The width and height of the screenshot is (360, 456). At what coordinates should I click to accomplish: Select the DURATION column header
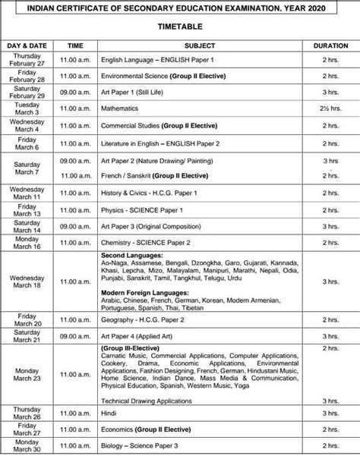click(330, 46)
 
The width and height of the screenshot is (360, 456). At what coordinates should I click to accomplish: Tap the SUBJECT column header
click(199, 46)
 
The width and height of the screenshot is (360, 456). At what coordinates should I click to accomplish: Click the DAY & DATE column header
click(27, 46)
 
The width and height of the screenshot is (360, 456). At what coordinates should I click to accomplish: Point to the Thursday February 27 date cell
click(27, 59)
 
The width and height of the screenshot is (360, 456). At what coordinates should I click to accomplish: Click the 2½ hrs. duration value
click(330, 109)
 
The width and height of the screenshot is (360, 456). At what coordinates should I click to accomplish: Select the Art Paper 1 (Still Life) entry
click(135, 93)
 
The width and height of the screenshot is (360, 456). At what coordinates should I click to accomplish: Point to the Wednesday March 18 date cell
click(27, 282)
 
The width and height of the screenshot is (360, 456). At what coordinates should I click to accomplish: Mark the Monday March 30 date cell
click(27, 448)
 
